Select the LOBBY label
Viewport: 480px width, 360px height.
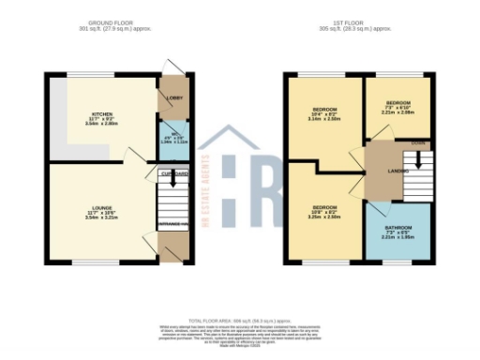174,97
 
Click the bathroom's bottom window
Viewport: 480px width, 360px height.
397,262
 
